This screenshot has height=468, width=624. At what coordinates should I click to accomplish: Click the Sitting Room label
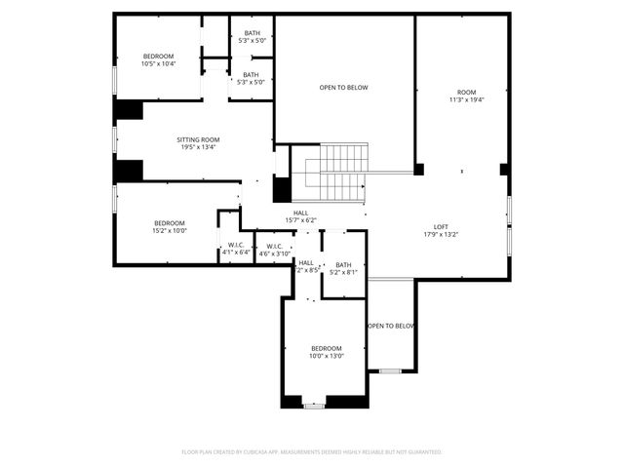pyautogui.click(x=198, y=139)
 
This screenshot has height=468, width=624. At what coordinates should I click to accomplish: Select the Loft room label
pyautogui.click(x=441, y=225)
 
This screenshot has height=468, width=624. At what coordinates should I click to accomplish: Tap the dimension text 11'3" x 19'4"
pyautogui.click(x=467, y=99)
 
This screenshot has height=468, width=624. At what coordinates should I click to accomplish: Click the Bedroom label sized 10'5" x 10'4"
pyautogui.click(x=158, y=57)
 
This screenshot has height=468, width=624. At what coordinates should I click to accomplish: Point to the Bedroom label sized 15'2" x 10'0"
pyautogui.click(x=169, y=223)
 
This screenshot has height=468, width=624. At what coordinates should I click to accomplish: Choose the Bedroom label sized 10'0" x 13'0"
pyautogui.click(x=327, y=348)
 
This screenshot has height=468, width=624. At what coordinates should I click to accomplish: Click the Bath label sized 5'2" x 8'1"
pyautogui.click(x=343, y=264)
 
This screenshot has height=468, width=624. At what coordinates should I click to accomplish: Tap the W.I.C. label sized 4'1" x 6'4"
pyautogui.click(x=236, y=245)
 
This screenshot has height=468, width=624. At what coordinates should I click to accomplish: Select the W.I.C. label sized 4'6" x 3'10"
pyautogui.click(x=275, y=245)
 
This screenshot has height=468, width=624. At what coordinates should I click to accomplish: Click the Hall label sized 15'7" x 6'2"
pyautogui.click(x=301, y=213)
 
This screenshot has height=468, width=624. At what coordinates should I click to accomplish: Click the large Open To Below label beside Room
pyautogui.click(x=344, y=88)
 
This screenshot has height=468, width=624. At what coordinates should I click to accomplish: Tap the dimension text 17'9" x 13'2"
pyautogui.click(x=441, y=234)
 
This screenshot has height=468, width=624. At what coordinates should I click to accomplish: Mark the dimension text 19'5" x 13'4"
pyautogui.click(x=198, y=148)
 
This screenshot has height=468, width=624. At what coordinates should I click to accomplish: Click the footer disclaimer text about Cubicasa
pyautogui.click(x=312, y=452)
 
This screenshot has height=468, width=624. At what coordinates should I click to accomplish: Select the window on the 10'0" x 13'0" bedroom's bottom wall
pyautogui.click(x=313, y=404)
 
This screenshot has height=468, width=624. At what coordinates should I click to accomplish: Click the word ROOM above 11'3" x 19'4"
pyautogui.click(x=467, y=91)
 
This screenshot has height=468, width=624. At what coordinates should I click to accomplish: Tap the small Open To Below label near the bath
pyautogui.click(x=391, y=326)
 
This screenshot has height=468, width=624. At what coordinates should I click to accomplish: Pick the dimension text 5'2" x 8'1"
pyautogui.click(x=343, y=272)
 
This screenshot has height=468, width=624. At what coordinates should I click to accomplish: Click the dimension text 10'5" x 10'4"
pyautogui.click(x=158, y=64)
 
